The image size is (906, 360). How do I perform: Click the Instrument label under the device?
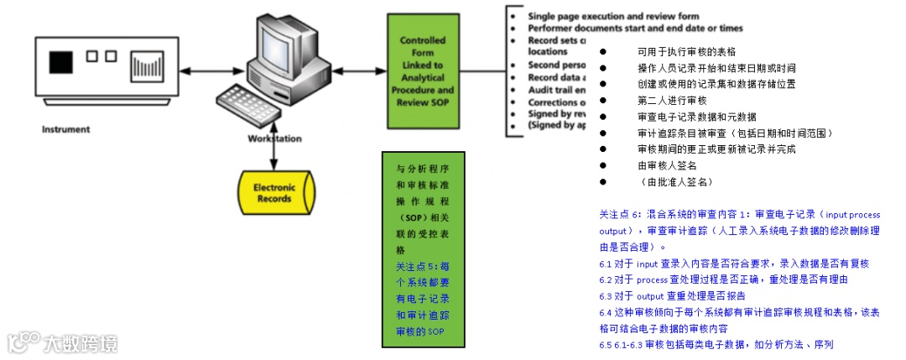pyautogui.click(x=65, y=129)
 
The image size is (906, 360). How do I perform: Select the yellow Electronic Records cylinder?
pyautogui.click(x=273, y=192)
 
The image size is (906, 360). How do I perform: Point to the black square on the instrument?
pyautogui.click(x=60, y=63)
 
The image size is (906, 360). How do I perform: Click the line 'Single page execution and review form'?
pyautogui.click(x=612, y=16)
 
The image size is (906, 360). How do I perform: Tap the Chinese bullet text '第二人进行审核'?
pyautogui.click(x=672, y=100)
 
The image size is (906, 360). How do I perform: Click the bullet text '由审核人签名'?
pyautogui.click(x=667, y=165)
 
